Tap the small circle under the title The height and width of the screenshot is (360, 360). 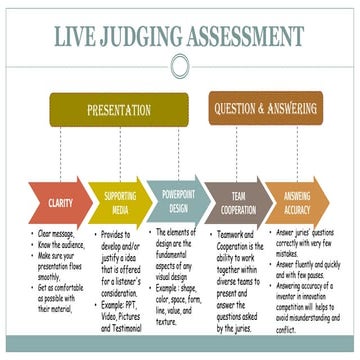180,67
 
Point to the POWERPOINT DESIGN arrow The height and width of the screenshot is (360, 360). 180,203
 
